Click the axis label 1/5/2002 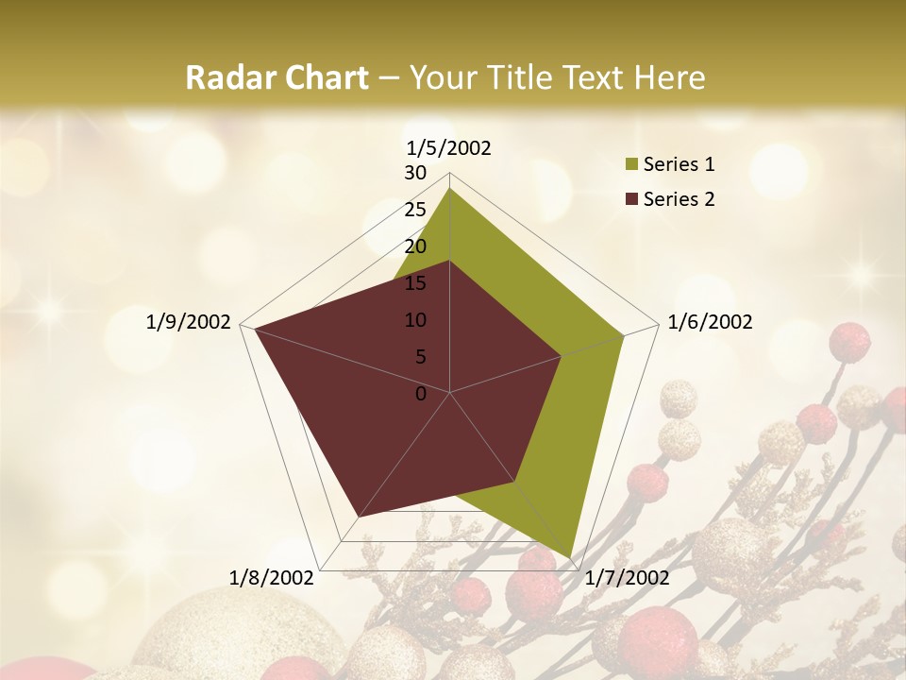(449, 147)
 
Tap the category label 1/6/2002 (710, 322)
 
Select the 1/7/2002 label (627, 578)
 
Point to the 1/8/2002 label (272, 578)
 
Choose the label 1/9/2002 (189, 322)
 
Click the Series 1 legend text (679, 164)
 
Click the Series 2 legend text (679, 198)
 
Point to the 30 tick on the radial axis (415, 173)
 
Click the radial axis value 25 (415, 210)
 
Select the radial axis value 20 (415, 246)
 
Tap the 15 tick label (415, 283)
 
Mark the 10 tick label (415, 320)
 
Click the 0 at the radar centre (421, 394)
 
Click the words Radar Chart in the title (277, 77)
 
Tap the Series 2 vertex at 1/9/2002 (255, 329)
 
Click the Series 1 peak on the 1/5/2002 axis (450, 188)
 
